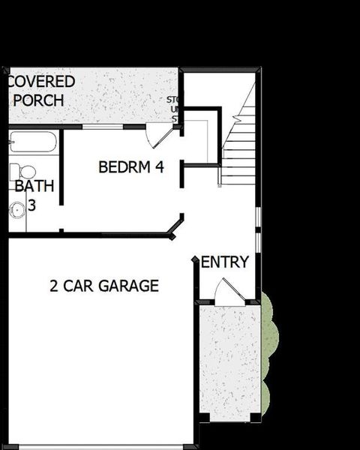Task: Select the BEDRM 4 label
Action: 131,167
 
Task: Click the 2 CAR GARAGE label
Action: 104,286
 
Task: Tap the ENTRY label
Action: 225,262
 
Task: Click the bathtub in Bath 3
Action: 33,142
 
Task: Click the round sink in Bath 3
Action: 16,211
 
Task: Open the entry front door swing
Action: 228,292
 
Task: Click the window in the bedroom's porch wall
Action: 102,126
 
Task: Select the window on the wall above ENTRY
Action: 257,228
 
